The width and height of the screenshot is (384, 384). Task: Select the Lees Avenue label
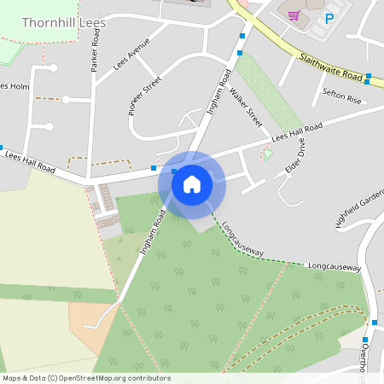coord(131,53)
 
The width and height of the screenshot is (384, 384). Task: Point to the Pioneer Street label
coord(144,96)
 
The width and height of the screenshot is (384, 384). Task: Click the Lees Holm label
coord(15,86)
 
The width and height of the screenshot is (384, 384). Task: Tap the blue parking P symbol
coord(329,17)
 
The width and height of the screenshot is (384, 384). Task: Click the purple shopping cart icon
coord(294,15)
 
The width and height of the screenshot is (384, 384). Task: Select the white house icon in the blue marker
coord(192,183)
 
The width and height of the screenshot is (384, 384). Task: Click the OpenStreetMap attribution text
coord(86,378)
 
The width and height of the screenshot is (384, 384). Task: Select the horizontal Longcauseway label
coord(335,267)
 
